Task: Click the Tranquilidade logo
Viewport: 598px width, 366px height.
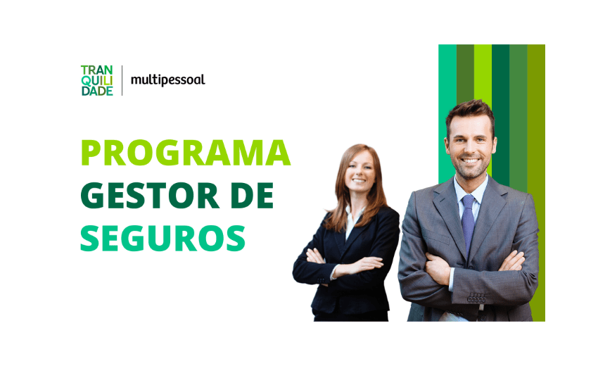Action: click(x=97, y=80)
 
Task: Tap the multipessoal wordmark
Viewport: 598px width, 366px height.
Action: click(x=168, y=80)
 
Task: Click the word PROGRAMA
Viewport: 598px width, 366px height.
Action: click(x=186, y=153)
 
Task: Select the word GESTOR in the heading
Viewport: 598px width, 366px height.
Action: click(x=149, y=196)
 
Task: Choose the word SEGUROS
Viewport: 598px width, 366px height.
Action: click(x=163, y=238)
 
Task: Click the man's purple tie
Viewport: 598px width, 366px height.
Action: click(x=468, y=224)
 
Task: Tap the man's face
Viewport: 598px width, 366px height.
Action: click(x=471, y=147)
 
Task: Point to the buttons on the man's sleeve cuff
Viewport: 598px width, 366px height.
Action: click(x=476, y=298)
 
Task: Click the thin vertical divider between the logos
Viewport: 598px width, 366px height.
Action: click(x=122, y=80)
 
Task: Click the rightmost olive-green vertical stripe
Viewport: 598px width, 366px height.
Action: click(x=536, y=183)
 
